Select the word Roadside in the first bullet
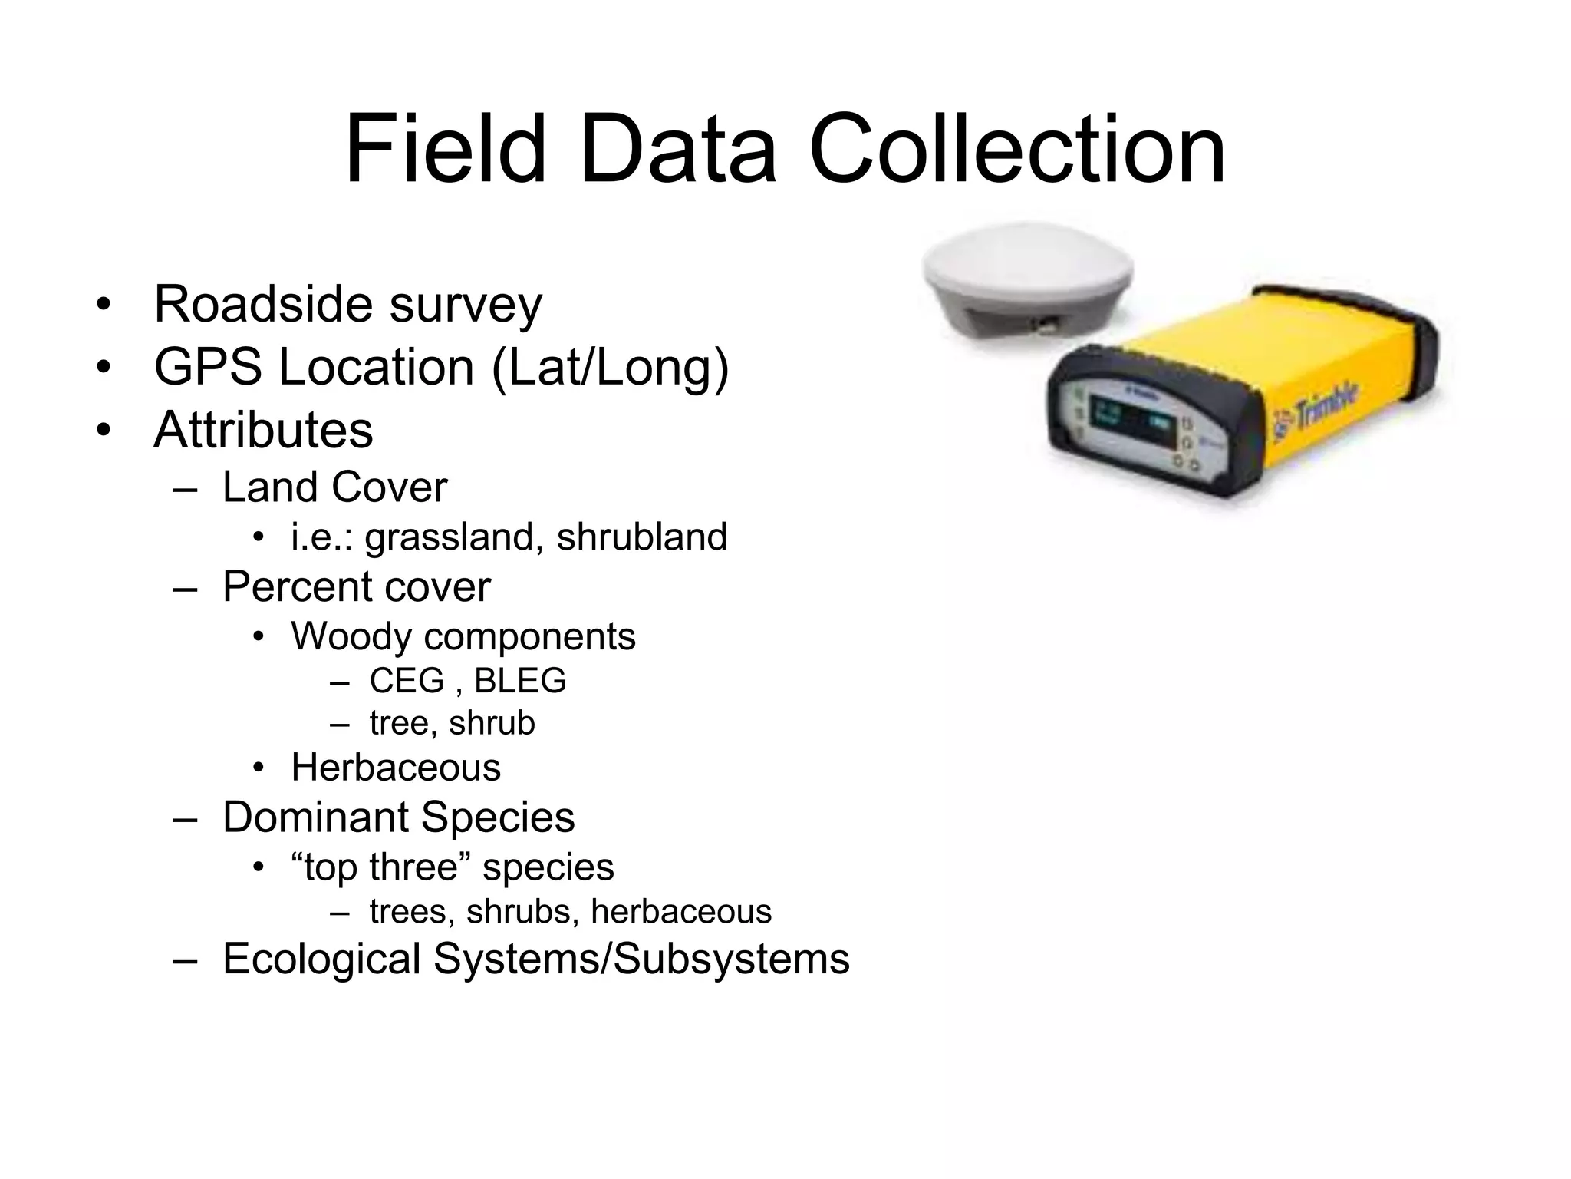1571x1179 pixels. (265, 304)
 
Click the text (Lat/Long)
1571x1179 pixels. (610, 368)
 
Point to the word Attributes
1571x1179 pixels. (263, 430)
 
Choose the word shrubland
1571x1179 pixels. (641, 537)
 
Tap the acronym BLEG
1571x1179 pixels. (519, 681)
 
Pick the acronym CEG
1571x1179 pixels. (407, 681)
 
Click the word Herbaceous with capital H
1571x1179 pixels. (396, 768)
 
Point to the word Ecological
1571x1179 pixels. (321, 959)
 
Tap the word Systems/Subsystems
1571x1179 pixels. (641, 959)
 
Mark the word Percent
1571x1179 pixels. (292, 588)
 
